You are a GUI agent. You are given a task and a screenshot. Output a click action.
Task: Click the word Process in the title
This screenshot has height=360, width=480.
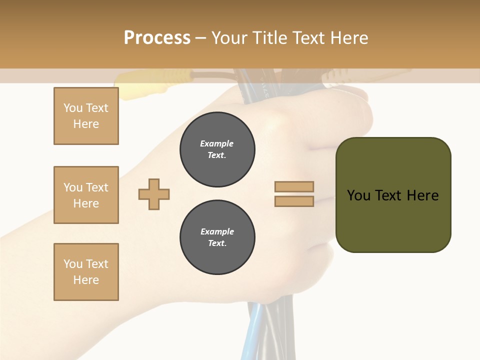[x=157, y=38]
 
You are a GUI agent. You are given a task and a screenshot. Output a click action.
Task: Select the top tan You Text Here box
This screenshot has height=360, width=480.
[x=86, y=116]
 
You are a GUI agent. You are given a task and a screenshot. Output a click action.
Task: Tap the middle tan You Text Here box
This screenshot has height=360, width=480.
[x=86, y=195]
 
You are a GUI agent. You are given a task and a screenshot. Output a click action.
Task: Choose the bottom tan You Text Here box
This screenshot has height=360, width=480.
[x=86, y=272]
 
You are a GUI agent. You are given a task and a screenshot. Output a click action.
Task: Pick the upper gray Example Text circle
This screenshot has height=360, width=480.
[x=217, y=149]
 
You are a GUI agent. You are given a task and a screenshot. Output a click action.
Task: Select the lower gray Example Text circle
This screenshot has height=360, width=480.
[x=217, y=237]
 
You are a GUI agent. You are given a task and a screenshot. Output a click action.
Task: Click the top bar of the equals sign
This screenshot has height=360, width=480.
[x=294, y=186]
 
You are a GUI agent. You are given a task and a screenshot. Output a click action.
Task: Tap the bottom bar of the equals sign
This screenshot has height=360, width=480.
[x=294, y=201]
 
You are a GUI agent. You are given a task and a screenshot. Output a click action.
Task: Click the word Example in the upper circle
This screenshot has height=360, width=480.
[x=217, y=143]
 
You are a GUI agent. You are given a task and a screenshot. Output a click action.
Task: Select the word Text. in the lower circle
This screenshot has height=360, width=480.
[x=217, y=243]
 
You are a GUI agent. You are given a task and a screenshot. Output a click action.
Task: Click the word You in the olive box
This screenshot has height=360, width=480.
[x=359, y=195]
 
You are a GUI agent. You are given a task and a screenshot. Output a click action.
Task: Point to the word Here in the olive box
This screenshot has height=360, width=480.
[x=422, y=195]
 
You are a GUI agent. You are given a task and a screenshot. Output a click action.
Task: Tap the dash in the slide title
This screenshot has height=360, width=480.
[x=200, y=38]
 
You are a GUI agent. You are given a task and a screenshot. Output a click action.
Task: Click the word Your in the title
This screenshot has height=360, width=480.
[x=229, y=38]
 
